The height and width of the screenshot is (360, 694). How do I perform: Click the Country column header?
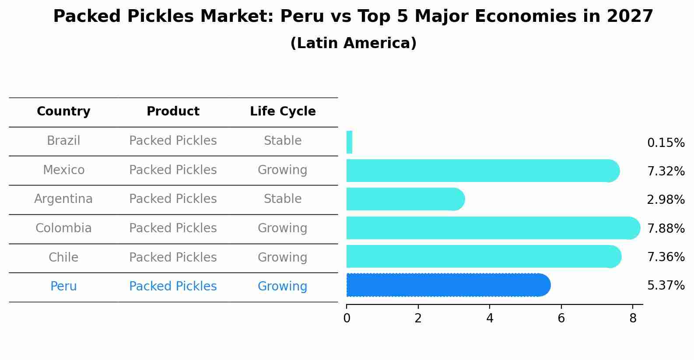pos(63,112)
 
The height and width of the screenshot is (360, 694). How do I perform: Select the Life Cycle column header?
pos(283,112)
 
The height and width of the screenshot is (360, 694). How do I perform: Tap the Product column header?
pos(173,112)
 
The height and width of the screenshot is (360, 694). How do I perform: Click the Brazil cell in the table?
pos(63,141)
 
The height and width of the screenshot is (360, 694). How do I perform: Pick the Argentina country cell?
pos(63,199)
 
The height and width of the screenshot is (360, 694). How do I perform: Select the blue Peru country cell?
pos(63,287)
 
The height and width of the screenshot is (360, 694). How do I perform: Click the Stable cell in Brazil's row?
pos(283,141)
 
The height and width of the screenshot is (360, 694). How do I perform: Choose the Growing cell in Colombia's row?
pos(283,228)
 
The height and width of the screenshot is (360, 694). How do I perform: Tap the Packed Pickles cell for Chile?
pos(173,257)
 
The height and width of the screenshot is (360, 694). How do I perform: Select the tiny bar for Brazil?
pos(349,142)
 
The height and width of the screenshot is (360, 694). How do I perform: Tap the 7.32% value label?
pos(666,171)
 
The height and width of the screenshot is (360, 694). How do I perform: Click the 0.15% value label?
pos(666,143)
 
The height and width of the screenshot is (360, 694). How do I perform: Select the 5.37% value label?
pos(666,286)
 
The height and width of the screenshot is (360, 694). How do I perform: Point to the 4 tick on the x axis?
pos(490,318)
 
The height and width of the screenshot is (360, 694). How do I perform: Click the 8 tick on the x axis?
pos(633,318)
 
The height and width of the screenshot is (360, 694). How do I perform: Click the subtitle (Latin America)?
pos(353,43)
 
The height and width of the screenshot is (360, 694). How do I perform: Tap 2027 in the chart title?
pos(630,17)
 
